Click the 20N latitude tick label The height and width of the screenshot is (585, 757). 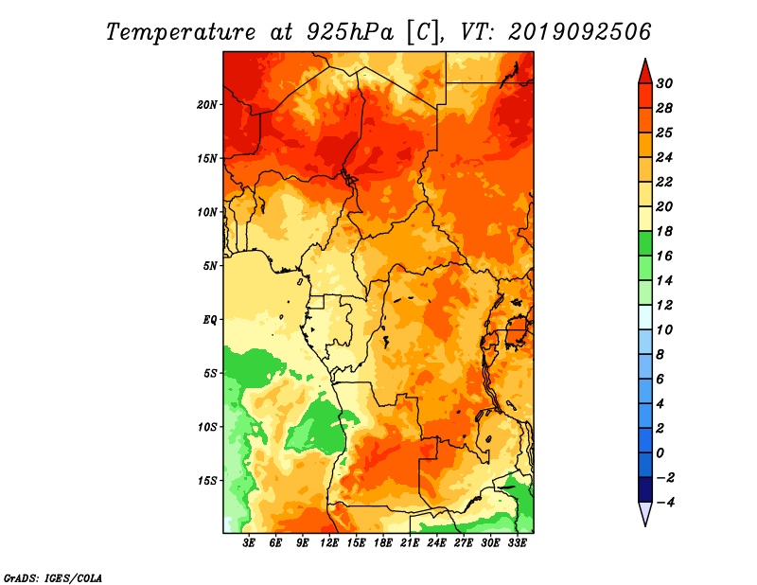(206, 105)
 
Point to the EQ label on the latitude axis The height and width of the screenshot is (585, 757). (209, 320)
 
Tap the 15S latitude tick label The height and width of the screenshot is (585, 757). (206, 481)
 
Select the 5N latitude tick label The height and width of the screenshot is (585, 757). (209, 266)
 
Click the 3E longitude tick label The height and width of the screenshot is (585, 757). (249, 543)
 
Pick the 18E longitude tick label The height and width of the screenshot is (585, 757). (383, 543)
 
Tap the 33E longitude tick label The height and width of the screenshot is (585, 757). (517, 543)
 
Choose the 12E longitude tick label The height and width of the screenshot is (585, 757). (329, 543)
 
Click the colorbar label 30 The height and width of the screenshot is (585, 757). (664, 83)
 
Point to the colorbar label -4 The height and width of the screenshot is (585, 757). (665, 503)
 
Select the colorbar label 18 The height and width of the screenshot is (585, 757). (664, 231)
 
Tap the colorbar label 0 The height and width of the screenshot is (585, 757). (660, 453)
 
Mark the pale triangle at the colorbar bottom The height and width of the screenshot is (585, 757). (645, 512)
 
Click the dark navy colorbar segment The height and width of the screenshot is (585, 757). (645, 489)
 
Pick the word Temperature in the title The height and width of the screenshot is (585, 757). (181, 32)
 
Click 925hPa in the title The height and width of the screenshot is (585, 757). (349, 32)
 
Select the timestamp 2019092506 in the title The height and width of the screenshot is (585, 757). (580, 32)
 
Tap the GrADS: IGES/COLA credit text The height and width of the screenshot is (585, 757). (53, 577)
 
